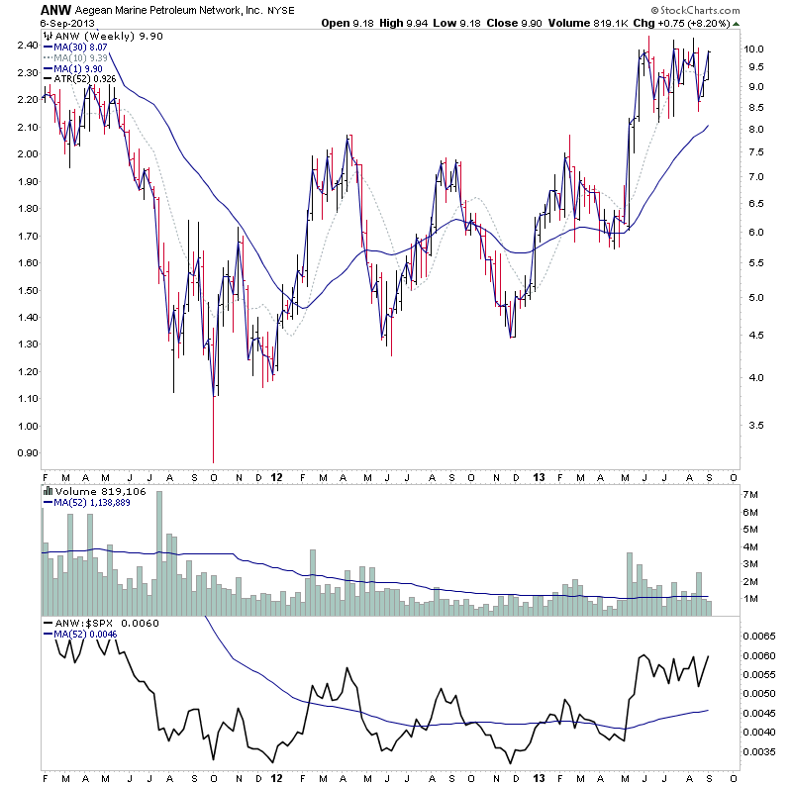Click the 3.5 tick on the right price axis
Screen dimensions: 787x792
[x=753, y=425]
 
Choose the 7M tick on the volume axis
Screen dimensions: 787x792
[x=751, y=494]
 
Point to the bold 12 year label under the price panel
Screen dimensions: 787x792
[x=276, y=475]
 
